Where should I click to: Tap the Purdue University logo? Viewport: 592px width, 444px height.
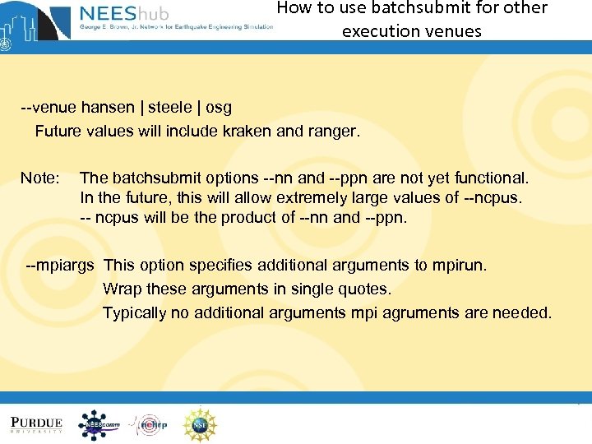click(x=37, y=424)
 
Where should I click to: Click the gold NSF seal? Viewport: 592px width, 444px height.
click(x=200, y=424)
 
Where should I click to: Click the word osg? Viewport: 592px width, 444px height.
click(x=219, y=108)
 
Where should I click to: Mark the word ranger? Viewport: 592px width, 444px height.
click(x=334, y=132)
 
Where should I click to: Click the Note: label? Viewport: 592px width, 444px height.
click(x=40, y=178)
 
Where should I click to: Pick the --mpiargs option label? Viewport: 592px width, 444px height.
click(x=60, y=266)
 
